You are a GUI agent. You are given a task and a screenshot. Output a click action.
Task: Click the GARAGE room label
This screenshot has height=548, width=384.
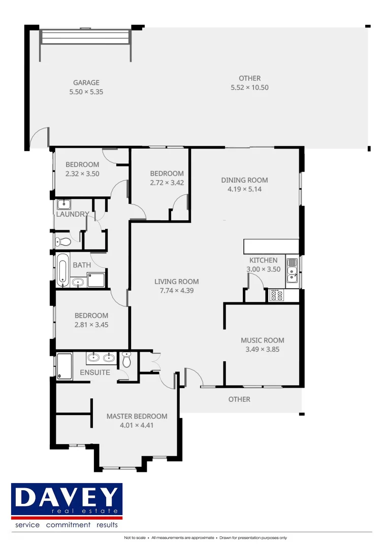86,83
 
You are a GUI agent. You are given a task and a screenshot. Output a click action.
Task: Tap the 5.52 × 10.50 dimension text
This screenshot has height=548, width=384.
249,87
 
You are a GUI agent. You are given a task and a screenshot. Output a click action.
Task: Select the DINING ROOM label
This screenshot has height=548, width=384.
244,180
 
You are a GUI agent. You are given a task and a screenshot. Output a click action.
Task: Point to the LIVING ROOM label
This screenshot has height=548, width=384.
177,282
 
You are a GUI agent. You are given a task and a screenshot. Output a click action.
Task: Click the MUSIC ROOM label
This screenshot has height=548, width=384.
262,340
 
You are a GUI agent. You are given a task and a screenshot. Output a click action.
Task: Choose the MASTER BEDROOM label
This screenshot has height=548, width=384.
137,416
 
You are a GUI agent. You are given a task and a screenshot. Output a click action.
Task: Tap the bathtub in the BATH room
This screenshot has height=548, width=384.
61,269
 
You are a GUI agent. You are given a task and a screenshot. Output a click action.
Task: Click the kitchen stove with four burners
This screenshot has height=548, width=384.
277,295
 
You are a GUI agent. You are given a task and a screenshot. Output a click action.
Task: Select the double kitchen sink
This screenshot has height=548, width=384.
292,270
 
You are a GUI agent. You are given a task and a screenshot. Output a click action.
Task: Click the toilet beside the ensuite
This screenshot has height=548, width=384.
126,360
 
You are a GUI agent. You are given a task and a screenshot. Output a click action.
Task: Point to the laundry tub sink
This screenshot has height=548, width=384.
63,205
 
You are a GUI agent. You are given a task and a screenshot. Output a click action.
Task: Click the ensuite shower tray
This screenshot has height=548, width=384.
64,366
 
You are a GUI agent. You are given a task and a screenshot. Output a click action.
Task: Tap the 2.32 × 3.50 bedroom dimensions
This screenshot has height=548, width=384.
82,174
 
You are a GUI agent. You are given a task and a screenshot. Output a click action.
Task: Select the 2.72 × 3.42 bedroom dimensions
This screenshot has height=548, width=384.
167,182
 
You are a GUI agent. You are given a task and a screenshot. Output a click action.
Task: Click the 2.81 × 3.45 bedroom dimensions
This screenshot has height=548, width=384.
91,324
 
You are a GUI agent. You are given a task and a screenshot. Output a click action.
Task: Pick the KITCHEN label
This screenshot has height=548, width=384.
263,260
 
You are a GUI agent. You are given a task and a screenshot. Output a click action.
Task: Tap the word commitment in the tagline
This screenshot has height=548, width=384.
68,525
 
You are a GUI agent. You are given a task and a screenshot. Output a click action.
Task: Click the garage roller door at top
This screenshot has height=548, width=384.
85,37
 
